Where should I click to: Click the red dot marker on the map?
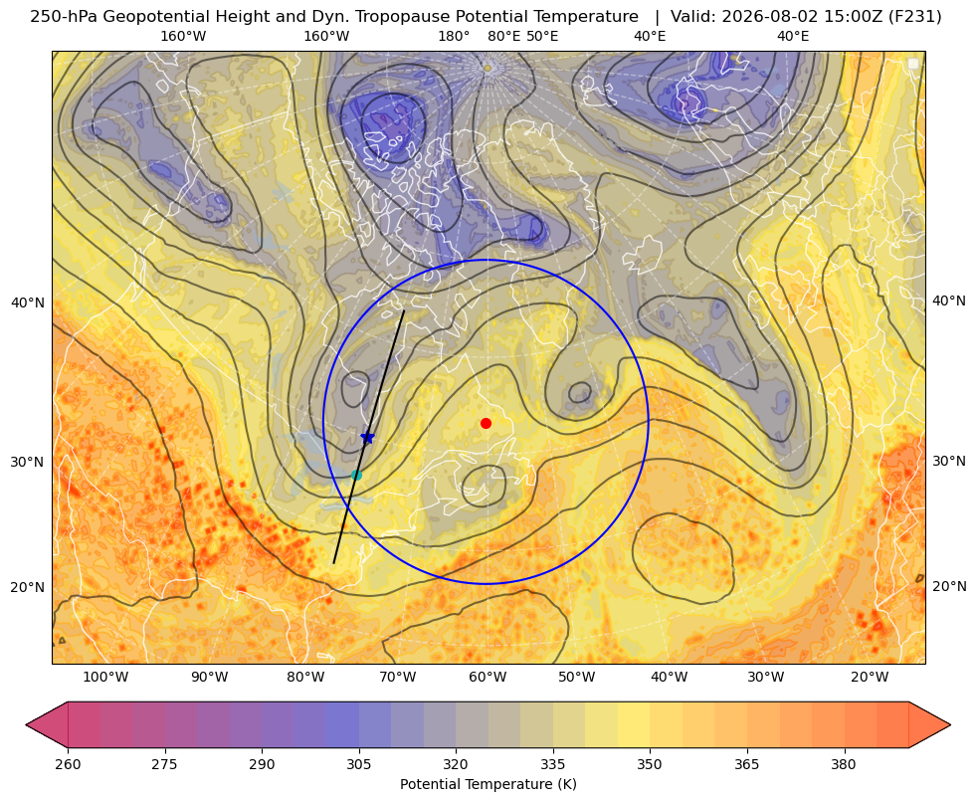coord(487,423)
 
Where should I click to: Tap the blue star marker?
coord(368,438)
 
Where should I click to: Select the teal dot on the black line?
coord(356,475)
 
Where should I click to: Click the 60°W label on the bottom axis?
coord(488,677)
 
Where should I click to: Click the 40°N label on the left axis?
coord(28,302)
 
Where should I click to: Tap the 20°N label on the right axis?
coord(949,586)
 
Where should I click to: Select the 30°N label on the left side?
coord(28,462)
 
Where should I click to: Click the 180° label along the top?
coord(454,36)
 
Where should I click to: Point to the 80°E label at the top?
coord(503,36)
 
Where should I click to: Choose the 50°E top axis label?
coord(542,36)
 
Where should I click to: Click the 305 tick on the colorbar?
coord(359,764)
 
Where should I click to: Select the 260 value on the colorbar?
coord(68,764)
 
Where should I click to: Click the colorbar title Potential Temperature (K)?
coord(488,784)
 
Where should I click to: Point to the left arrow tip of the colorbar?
coord(26,724)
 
